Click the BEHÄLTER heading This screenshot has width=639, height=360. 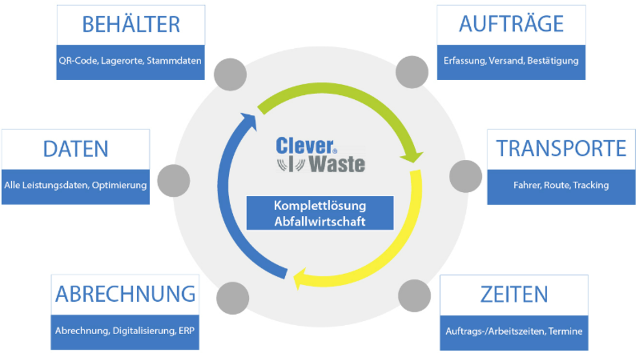[131, 25]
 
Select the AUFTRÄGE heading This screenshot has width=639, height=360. [511, 24]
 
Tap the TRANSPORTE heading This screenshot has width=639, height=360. [561, 149]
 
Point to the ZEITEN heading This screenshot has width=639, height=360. [513, 294]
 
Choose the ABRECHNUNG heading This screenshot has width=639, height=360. [125, 294]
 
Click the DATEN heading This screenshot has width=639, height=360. [76, 149]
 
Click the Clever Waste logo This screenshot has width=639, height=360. [320, 155]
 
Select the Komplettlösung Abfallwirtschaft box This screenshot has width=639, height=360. [320, 213]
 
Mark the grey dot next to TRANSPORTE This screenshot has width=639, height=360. [466, 176]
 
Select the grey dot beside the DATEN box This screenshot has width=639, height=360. [173, 181]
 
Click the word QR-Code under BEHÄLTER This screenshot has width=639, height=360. [77, 61]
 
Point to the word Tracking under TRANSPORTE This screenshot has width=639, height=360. [591, 185]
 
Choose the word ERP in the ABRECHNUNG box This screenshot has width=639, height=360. [187, 331]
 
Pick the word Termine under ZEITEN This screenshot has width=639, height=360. [565, 331]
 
